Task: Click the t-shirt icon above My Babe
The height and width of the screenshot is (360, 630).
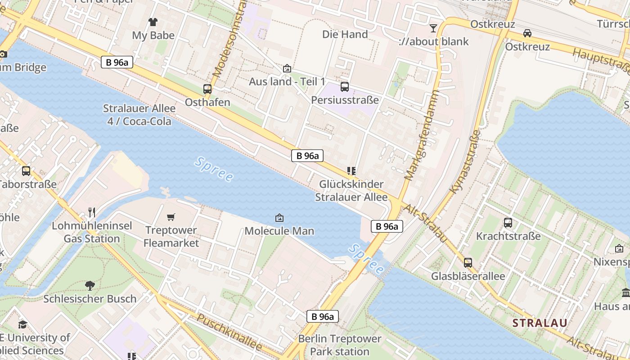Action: (x=153, y=22)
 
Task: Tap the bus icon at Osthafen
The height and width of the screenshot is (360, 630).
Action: (x=207, y=89)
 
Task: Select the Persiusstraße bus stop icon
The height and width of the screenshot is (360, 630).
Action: (x=345, y=87)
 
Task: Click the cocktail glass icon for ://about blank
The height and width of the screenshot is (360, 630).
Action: (x=433, y=28)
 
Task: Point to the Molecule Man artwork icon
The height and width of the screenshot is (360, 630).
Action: (x=279, y=218)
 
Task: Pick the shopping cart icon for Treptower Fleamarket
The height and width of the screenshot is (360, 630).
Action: (x=171, y=217)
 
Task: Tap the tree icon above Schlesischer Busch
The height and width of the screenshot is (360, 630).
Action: (x=90, y=285)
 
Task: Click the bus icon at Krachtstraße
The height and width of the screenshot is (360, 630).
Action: (x=508, y=222)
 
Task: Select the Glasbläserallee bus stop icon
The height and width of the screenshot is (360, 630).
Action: (x=468, y=263)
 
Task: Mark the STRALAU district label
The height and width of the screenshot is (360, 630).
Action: (x=540, y=323)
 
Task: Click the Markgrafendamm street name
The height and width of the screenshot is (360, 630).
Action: (x=422, y=135)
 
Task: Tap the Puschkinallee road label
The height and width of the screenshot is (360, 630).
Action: (x=229, y=333)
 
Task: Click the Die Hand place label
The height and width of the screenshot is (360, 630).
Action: (x=345, y=34)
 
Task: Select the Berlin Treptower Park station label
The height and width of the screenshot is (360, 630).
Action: (x=340, y=345)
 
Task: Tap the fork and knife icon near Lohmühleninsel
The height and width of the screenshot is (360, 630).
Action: (x=92, y=212)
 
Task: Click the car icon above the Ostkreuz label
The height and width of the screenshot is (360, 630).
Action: (x=527, y=33)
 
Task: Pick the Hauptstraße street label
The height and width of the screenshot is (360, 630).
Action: (x=601, y=62)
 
